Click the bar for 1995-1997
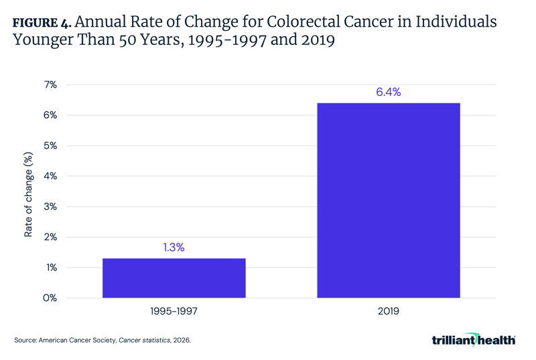click(x=174, y=278)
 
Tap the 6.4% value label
click(x=388, y=93)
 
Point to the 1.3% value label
click(x=174, y=247)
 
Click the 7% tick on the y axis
click(x=50, y=85)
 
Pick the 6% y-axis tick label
click(x=50, y=115)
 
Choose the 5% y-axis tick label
click(x=50, y=146)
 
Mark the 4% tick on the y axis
click(x=50, y=176)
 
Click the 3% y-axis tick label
click(x=50, y=206)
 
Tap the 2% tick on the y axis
click(x=50, y=237)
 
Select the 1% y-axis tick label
click(x=50, y=267)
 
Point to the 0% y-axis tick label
click(x=50, y=298)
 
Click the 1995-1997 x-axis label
click(x=174, y=312)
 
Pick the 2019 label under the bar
click(x=388, y=312)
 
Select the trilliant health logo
click(x=473, y=340)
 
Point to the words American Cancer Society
click(x=78, y=341)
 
